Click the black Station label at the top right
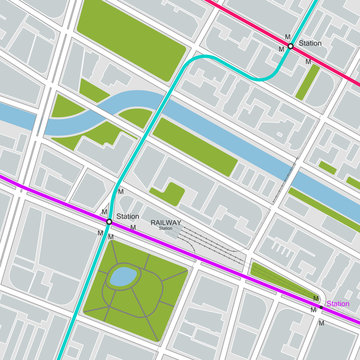[x=310, y=44]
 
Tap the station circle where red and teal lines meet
[x=290, y=45]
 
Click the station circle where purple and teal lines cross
[x=110, y=224]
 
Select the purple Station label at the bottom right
[x=339, y=304]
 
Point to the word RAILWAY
[x=166, y=223]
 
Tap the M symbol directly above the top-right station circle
[x=287, y=36]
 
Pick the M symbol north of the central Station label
[x=121, y=190]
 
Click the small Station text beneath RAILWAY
[x=165, y=230]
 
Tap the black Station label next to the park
[x=127, y=217]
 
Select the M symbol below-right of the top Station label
[x=308, y=61]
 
